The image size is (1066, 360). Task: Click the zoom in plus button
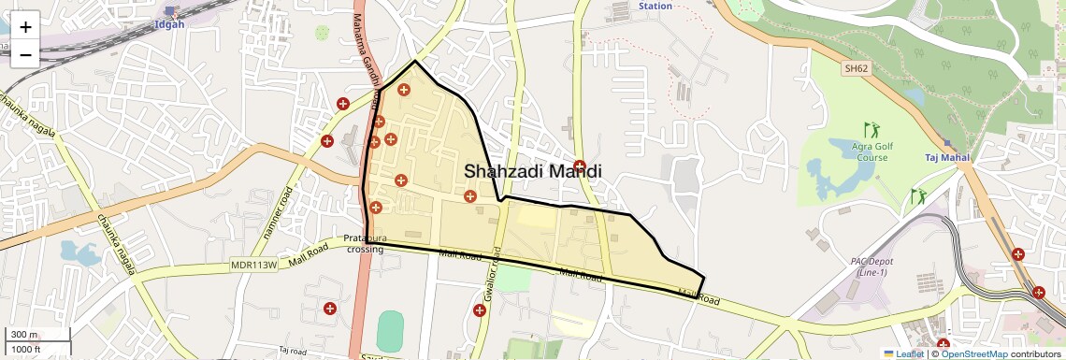25,27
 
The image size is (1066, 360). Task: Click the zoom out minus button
25,54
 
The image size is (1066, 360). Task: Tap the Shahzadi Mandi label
531,172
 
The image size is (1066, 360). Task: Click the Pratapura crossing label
365,243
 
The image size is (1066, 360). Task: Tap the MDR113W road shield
254,266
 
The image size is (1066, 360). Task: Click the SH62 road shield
856,68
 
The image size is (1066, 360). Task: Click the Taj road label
293,350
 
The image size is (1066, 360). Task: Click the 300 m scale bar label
25,335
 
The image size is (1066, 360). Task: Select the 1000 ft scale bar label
27,350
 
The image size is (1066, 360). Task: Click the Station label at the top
655,6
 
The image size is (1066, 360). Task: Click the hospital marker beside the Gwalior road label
480,310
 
